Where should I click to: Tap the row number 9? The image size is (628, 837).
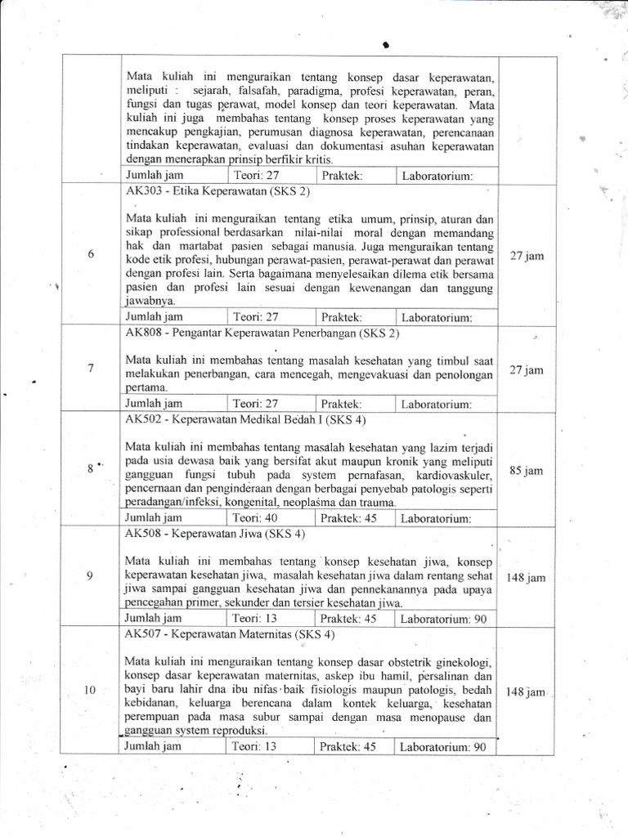tap(90, 576)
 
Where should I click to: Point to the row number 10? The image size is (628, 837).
tap(90, 691)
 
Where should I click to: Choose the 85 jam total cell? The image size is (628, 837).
tap(527, 471)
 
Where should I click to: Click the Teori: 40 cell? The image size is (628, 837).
tap(255, 517)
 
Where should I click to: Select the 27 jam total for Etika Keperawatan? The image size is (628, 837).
tap(527, 256)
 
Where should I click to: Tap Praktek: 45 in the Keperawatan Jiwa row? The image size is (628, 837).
tap(348, 618)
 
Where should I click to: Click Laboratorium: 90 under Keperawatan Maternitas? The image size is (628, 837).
tap(442, 746)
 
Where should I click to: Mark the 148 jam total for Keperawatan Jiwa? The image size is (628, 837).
tap(526, 578)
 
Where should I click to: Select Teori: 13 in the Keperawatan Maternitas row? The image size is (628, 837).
tap(255, 746)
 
